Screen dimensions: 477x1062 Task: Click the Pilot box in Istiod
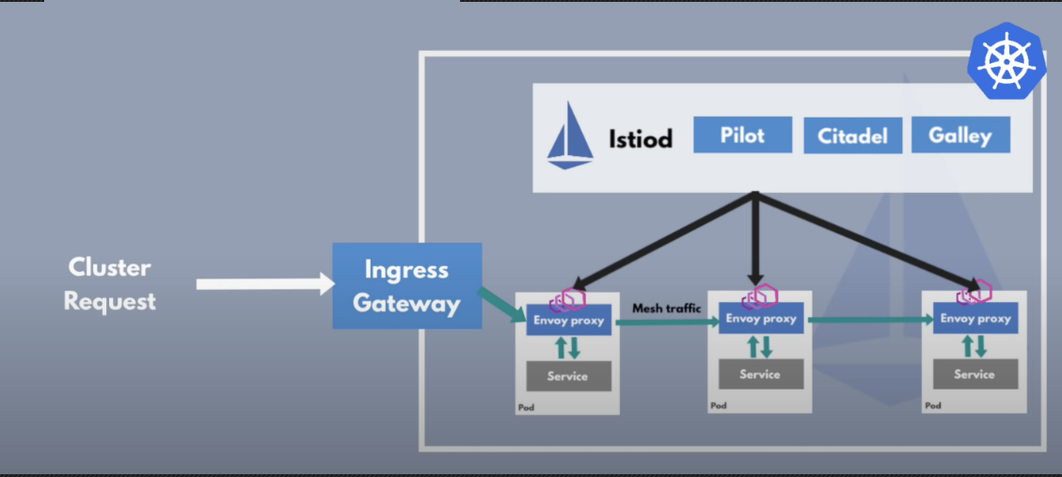pos(742,135)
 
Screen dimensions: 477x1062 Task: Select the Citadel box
pos(852,135)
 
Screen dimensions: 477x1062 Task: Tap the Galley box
pos(960,135)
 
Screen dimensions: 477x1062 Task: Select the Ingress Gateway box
pos(407,286)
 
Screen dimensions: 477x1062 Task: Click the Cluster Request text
pos(109,283)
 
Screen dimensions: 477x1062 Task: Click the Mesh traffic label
pos(666,308)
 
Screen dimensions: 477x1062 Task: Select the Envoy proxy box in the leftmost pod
pos(567,320)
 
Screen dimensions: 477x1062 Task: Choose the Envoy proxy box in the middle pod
pos(761,319)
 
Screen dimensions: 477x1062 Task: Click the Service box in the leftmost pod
pos(567,376)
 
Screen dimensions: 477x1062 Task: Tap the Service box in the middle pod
pos(761,374)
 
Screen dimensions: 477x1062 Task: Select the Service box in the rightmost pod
pos(974,374)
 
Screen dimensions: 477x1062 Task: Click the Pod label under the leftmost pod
pos(526,407)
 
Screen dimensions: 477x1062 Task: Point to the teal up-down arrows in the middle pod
pos(760,346)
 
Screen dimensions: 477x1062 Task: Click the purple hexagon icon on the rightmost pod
pos(975,293)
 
